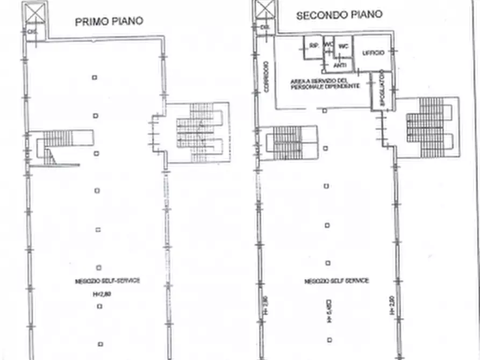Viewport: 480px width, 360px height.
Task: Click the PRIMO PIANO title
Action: pos(109,21)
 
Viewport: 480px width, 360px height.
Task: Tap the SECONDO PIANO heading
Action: pos(339,15)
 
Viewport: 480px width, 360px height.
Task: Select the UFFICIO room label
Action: pos(372,53)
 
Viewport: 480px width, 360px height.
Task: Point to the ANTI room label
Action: pos(340,65)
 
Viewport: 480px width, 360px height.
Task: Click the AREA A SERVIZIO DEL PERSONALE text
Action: pos(321,84)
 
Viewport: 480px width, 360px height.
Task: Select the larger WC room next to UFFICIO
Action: pos(343,46)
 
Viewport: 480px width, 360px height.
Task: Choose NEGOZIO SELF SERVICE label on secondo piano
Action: pos(336,281)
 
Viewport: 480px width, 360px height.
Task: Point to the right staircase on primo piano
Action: pos(198,132)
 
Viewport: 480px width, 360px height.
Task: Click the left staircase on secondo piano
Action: pos(284,143)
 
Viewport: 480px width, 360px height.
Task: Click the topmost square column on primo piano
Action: pos(95,77)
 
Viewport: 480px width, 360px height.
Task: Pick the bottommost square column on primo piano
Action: pos(100,344)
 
